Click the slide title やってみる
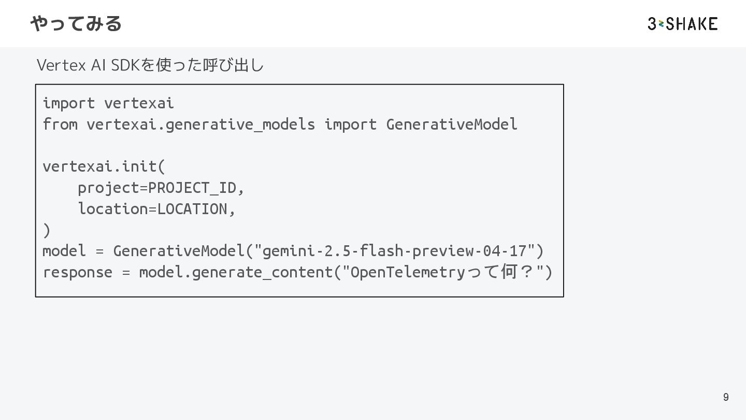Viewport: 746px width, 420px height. pyautogui.click(x=76, y=23)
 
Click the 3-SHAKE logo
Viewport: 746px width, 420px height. pyautogui.click(x=682, y=23)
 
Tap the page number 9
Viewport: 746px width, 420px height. pyautogui.click(x=726, y=397)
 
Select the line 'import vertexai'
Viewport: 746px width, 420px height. pyautogui.click(x=108, y=103)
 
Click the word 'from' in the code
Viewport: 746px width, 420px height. pyautogui.click(x=60, y=124)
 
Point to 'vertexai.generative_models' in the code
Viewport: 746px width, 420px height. pyautogui.click(x=200, y=124)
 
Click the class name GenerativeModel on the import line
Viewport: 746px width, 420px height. pyautogui.click(x=452, y=124)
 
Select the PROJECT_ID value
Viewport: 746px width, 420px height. pyautogui.click(x=192, y=188)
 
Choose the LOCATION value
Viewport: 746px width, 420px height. pyautogui.click(x=192, y=209)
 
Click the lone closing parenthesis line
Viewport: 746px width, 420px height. pyautogui.click(x=47, y=230)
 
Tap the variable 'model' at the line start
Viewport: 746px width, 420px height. pyautogui.click(x=64, y=251)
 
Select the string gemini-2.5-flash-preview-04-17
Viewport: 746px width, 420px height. pyautogui.click(x=394, y=251)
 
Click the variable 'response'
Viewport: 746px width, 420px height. pyautogui.click(x=77, y=272)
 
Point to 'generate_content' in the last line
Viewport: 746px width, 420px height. pyautogui.click(x=262, y=272)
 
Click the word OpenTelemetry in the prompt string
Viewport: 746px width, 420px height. pyautogui.click(x=408, y=272)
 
